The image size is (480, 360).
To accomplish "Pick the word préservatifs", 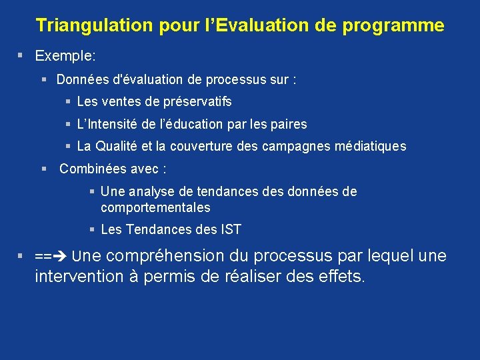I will (193, 101).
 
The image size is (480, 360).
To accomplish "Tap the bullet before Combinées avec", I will (44, 169).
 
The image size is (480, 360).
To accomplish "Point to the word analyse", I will (150, 191).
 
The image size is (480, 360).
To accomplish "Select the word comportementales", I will (155, 207).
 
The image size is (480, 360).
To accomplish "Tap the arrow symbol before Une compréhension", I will (60, 256).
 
